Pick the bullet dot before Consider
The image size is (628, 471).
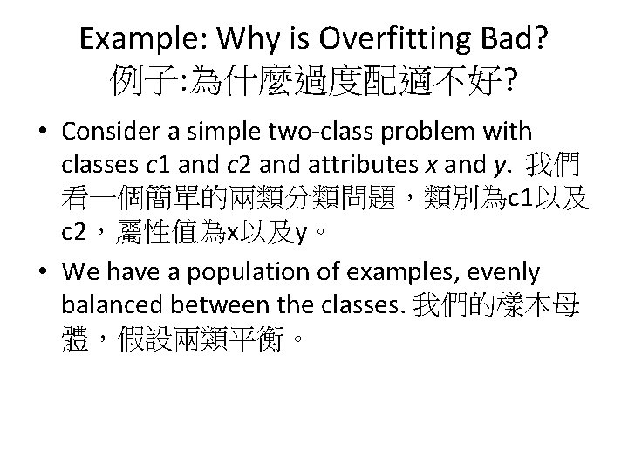[x=41, y=133]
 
